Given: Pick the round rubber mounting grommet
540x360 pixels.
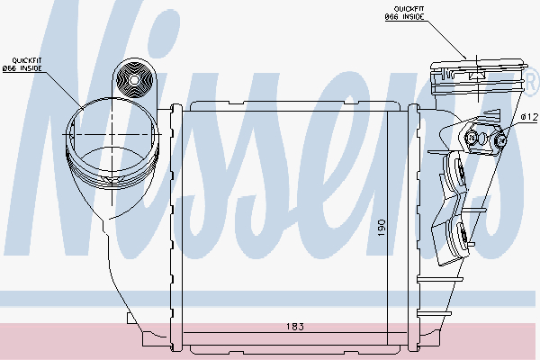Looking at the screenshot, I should click(x=134, y=79).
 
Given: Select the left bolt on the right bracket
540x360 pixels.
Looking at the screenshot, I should click(x=470, y=137).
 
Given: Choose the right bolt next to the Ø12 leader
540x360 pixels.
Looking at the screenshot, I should click(x=499, y=138).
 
